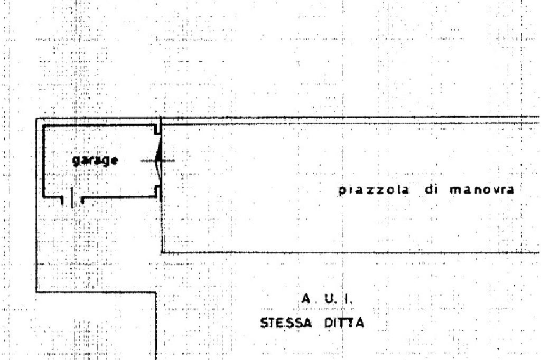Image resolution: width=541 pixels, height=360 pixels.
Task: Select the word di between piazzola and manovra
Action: point(431,191)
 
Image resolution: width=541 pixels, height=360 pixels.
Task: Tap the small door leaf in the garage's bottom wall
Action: point(73,197)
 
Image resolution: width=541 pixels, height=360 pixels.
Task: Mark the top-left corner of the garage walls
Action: point(43,127)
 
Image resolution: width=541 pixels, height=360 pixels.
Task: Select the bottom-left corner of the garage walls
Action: point(43,196)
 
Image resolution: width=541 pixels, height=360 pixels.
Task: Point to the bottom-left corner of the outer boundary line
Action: point(35,291)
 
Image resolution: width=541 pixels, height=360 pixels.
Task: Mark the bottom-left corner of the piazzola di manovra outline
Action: point(162,252)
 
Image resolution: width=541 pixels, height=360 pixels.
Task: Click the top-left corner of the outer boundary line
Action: point(35,119)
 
